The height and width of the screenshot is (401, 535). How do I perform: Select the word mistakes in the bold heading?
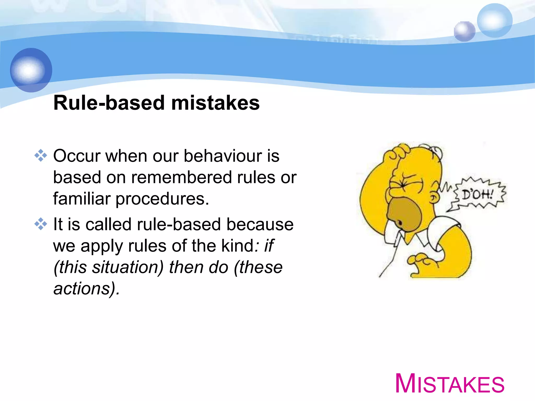click(x=215, y=103)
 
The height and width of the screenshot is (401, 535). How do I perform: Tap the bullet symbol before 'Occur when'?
click(x=41, y=156)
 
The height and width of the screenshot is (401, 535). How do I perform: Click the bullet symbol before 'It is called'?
click(x=41, y=224)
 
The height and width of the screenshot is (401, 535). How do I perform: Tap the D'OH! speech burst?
click(x=478, y=195)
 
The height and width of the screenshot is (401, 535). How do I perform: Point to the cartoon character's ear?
click(x=434, y=198)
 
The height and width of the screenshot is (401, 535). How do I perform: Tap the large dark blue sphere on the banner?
click(x=31, y=70)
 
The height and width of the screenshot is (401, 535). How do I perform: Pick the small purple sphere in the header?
click(x=464, y=31)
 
